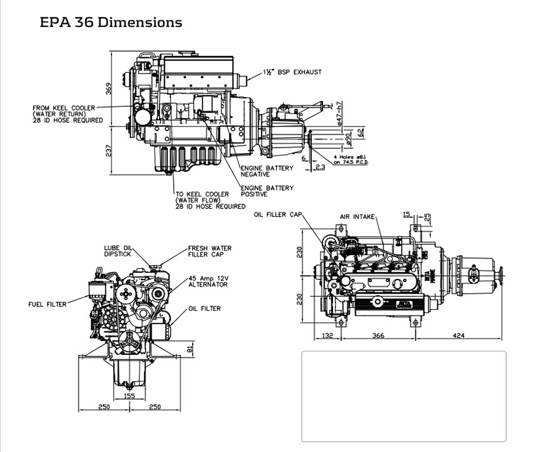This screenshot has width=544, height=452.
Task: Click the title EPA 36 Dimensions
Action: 111,22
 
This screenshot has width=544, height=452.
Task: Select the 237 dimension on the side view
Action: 109,150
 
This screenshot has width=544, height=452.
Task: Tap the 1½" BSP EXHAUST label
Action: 292,72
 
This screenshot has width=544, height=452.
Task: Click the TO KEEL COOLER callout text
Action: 210,200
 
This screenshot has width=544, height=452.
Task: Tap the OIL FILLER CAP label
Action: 278,215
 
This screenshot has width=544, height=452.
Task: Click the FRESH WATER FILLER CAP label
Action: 209,251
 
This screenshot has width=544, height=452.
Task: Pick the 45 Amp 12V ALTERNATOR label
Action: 208,281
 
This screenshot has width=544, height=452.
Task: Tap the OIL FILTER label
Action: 204,308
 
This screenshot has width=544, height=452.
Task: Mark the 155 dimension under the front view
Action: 129,396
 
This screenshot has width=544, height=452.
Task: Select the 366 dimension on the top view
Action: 378,336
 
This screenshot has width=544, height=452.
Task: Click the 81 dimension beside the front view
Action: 190,348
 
